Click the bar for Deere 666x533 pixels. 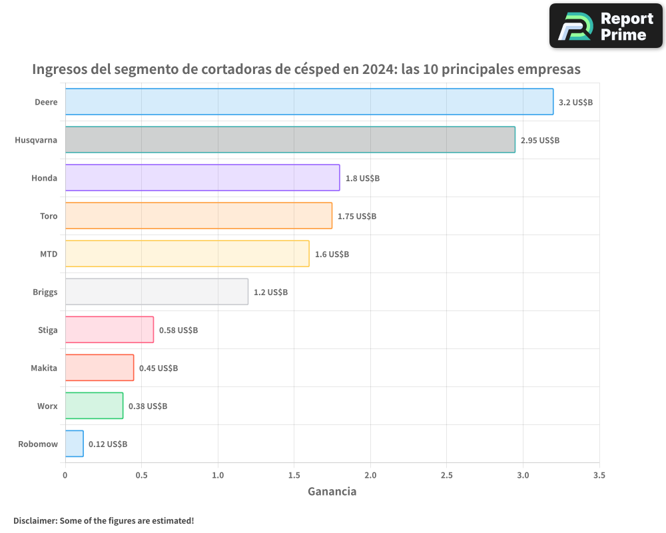pos(309,102)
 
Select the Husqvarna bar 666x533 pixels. pos(290,140)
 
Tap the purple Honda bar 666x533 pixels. pos(202,178)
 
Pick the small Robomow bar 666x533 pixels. pos(74,444)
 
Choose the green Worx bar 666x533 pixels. pos(94,406)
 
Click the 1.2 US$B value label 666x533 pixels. pos(270,292)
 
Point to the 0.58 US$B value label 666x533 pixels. pos(178,330)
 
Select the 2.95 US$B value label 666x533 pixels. pos(540,140)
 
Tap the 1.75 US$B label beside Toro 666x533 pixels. pos(357,216)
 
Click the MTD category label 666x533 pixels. pos(49,254)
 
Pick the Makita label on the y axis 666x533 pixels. pos(44,368)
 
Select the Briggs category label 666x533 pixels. pos(45,292)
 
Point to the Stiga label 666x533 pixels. pos(48,330)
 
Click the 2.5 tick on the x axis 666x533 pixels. pos(447,475)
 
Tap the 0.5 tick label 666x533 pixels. pos(141,475)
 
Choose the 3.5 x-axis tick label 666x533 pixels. pos(599,475)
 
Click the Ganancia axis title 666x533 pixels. pos(332,492)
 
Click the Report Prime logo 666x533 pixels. pos(606,26)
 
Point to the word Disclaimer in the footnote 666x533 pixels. pos(35,520)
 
